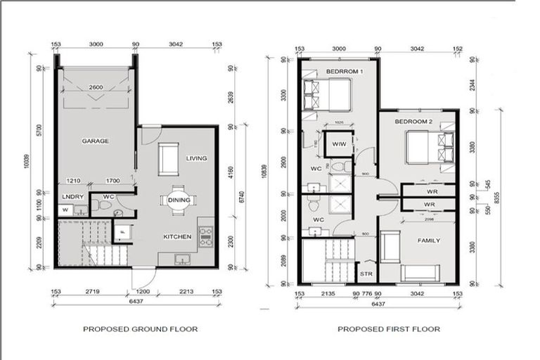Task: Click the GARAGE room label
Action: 95,141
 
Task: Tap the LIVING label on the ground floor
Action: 197,158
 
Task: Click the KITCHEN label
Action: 178,237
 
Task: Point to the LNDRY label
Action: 68,197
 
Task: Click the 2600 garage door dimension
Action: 96,87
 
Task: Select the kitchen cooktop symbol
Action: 206,237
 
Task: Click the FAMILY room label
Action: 428,240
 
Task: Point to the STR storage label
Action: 366,274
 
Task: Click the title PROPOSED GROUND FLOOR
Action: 140,328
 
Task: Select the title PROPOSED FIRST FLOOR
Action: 388,328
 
